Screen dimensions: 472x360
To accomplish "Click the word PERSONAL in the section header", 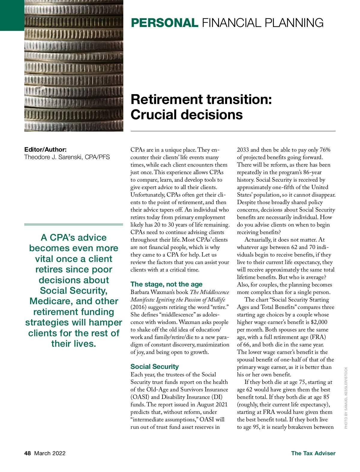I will (x=164, y=23).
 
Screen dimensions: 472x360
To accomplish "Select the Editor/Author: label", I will (x=45, y=150).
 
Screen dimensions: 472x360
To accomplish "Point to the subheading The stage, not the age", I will (x=166, y=284).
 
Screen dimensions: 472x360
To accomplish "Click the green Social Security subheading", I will (x=154, y=367).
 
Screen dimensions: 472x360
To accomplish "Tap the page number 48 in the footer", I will (x=28, y=453).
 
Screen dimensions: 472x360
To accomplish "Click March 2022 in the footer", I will (x=50, y=453).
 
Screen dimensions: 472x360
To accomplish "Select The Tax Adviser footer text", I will (x=313, y=453).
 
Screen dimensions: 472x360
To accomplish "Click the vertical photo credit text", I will (x=346, y=398).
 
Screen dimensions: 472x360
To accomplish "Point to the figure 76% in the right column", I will (x=325, y=150).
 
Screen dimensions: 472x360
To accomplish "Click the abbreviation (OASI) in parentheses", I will (x=140, y=397).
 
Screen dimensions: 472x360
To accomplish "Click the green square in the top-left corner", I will (x=12, y=15).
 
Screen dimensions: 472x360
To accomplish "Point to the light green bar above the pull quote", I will (x=73, y=224).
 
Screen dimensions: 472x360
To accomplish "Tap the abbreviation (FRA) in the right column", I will (x=318, y=337).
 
